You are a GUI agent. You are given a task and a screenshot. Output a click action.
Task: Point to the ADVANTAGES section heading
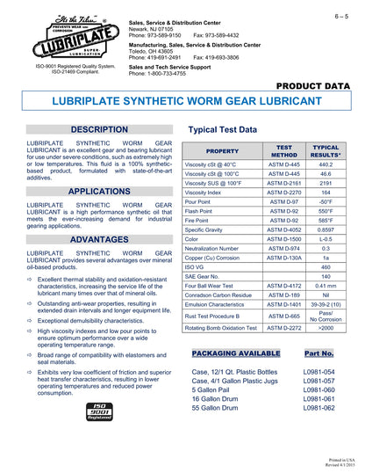click(x=93, y=238)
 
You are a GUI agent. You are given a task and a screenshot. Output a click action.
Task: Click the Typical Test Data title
click(x=222, y=129)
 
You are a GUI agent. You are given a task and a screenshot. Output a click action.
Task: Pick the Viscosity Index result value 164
click(x=326, y=192)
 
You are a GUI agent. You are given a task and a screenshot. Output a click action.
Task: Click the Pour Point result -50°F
click(x=326, y=201)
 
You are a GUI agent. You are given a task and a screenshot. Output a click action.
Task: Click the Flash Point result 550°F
click(x=326, y=210)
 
